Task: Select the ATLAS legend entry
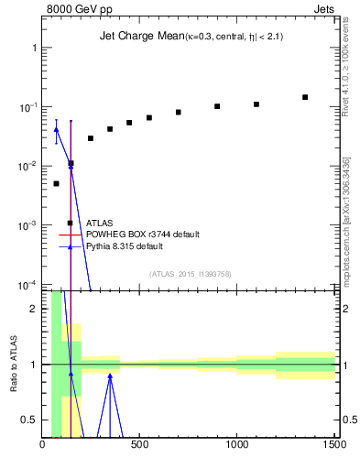tap(100, 223)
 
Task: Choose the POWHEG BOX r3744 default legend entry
tap(142, 234)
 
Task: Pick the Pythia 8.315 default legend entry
tap(137, 246)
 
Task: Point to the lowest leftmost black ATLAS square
tap(56, 183)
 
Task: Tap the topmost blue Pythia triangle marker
tap(56, 129)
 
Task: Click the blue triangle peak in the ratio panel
tap(110, 374)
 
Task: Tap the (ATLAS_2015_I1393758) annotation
tap(189, 273)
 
